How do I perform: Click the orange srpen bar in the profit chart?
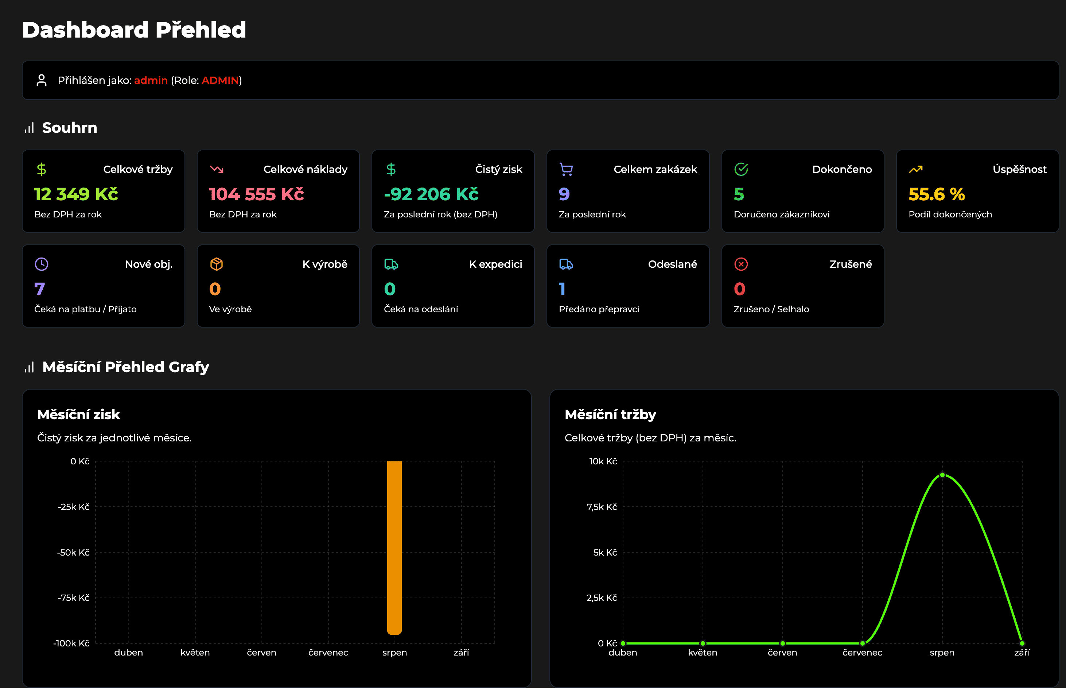tap(394, 547)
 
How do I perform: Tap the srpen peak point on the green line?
tap(942, 475)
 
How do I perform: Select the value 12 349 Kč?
tap(76, 194)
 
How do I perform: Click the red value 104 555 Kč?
tap(257, 194)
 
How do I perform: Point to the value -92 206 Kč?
tap(431, 194)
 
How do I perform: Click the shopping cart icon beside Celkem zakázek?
tap(566, 169)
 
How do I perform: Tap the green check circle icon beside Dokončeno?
tap(741, 169)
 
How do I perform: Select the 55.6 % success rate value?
tap(937, 194)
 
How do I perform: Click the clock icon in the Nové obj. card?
tap(42, 264)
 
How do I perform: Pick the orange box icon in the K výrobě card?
tap(217, 264)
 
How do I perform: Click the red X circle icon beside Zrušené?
tap(741, 264)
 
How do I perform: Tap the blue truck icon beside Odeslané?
tap(566, 264)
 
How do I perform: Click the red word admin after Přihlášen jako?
tap(151, 80)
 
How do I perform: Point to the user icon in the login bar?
tap(42, 80)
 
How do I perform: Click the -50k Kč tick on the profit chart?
tap(73, 553)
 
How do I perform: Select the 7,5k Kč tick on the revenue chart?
tap(602, 507)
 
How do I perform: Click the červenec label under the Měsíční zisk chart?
tap(328, 652)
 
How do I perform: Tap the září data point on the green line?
tap(1022, 643)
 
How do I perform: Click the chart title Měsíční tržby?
tap(610, 414)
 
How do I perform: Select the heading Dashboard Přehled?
tap(134, 30)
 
